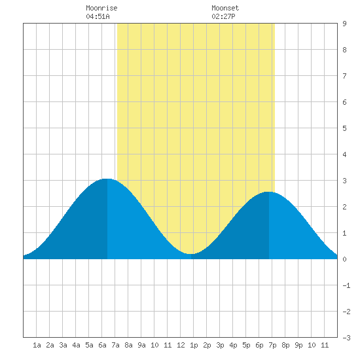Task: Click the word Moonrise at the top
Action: click(101, 8)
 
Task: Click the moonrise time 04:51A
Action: click(98, 16)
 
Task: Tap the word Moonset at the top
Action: click(225, 8)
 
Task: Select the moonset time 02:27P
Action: click(223, 16)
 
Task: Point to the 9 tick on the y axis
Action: click(344, 24)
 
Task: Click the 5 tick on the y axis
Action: click(344, 128)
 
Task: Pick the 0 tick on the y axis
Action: click(344, 259)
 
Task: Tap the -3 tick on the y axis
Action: click(346, 338)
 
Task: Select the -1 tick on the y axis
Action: click(346, 285)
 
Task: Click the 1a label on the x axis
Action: click(37, 345)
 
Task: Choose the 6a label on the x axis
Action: click(102, 345)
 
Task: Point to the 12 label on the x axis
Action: click(181, 345)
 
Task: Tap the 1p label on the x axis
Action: click(194, 345)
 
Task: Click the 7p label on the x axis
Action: click(272, 345)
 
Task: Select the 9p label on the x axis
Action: click(298, 345)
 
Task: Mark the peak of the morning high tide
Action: click(107, 179)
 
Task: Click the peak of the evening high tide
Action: click(269, 192)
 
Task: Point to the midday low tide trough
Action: click(191, 254)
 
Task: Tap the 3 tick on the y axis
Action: click(344, 181)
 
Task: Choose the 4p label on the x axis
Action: click(233, 345)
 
